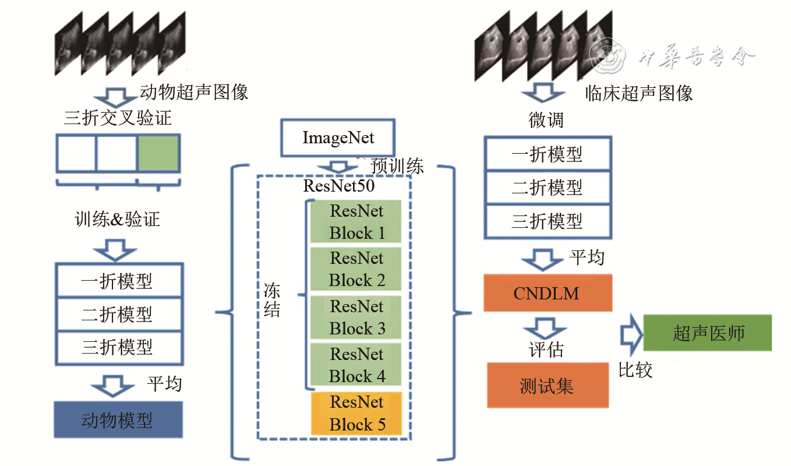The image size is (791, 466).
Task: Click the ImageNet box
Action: coord(338,138)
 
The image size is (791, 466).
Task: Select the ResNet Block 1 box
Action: coord(356,222)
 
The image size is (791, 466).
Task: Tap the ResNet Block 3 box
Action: coord(356,317)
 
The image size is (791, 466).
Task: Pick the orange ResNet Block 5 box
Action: coord(356,414)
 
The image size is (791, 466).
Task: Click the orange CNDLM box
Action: coord(547,293)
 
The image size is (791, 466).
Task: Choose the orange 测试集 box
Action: coord(547,386)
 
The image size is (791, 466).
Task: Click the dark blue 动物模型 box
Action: coord(118,420)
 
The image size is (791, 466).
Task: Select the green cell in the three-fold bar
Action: coord(158,151)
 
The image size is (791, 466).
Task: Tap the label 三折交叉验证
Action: coord(118,119)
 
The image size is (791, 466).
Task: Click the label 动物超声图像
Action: coord(194,92)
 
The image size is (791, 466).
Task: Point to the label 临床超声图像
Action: coord(639,93)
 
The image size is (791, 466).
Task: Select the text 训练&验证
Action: coord(118,220)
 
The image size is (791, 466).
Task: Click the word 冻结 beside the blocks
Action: coord(272,301)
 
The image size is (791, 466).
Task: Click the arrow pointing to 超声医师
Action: coord(631,335)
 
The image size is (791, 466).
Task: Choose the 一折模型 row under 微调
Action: coord(547,154)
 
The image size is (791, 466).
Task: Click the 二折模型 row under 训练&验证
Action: coord(118,315)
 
